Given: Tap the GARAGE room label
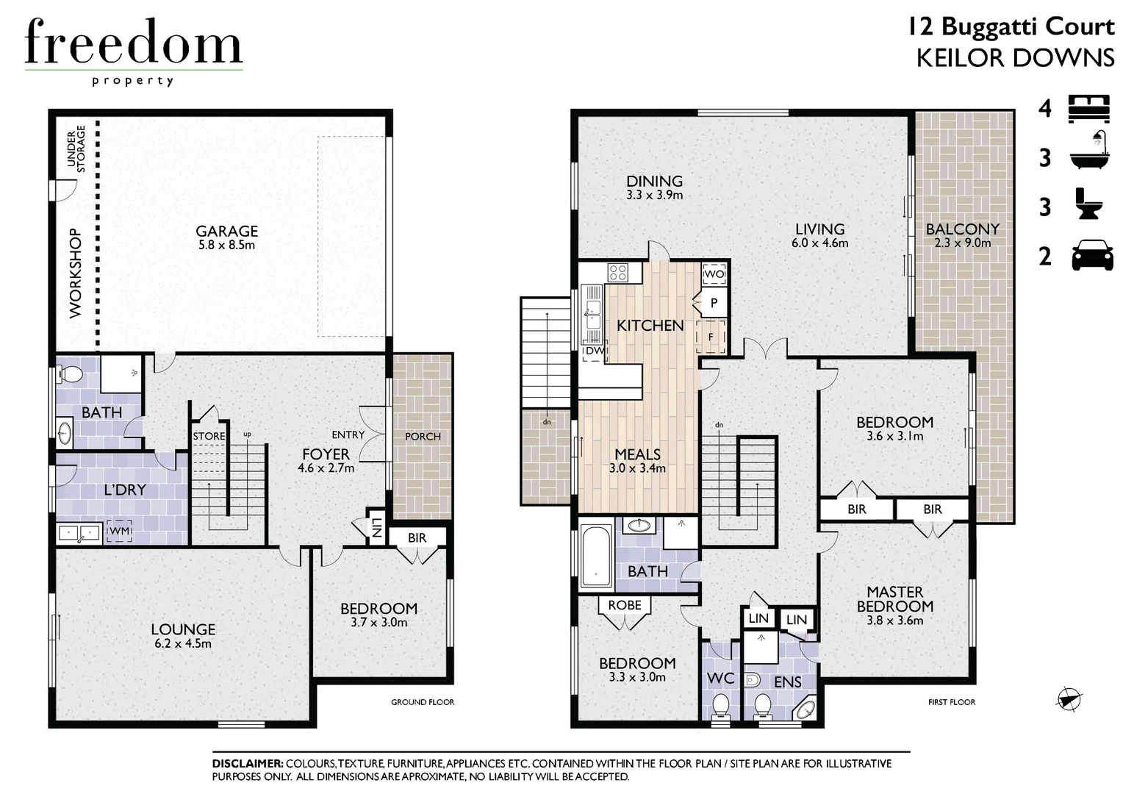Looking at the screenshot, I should click(226, 231).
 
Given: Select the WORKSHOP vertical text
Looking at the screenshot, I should click(76, 273).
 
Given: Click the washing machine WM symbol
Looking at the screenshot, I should click(119, 531).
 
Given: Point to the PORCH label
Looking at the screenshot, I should click(423, 436).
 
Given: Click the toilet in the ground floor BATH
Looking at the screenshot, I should click(71, 374).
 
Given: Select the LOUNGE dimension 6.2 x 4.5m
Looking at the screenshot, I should click(182, 644).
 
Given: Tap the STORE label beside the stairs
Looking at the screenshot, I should click(209, 436).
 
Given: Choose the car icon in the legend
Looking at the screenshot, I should click(1092, 257).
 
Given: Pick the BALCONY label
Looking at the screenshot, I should click(962, 229).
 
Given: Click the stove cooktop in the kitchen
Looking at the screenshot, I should click(618, 273).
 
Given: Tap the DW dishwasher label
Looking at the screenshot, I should click(595, 351).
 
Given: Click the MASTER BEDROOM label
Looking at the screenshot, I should click(894, 598).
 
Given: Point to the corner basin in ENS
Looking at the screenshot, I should click(806, 709).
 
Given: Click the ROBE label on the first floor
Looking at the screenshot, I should click(624, 605).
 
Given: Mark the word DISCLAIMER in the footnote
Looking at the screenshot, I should click(247, 764).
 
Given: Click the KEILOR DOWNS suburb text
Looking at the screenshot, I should click(1015, 58).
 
